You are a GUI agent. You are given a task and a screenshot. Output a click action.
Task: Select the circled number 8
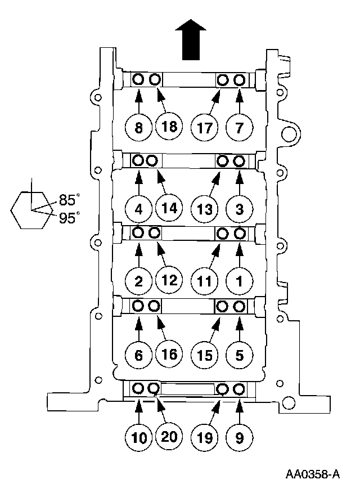pos(139,128)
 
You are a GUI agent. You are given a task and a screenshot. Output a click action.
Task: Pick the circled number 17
pos(205,128)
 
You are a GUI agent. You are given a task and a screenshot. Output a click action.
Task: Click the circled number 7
pos(240,128)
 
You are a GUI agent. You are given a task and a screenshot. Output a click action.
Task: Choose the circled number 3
pos(240,210)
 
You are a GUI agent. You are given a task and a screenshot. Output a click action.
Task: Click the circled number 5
pos(240,355)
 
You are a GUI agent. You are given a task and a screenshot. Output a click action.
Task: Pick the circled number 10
pos(139,436)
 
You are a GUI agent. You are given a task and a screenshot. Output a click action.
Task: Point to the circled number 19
pos(205,436)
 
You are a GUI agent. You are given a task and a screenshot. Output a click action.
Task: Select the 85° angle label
pos(70,199)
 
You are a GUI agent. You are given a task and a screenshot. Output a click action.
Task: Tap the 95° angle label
pos(70,217)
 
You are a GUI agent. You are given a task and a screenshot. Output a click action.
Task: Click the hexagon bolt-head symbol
pos(32,210)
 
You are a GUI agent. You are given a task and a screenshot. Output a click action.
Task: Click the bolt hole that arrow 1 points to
pos(240,233)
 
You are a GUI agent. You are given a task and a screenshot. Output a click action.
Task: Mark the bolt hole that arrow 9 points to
pos(240,388)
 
